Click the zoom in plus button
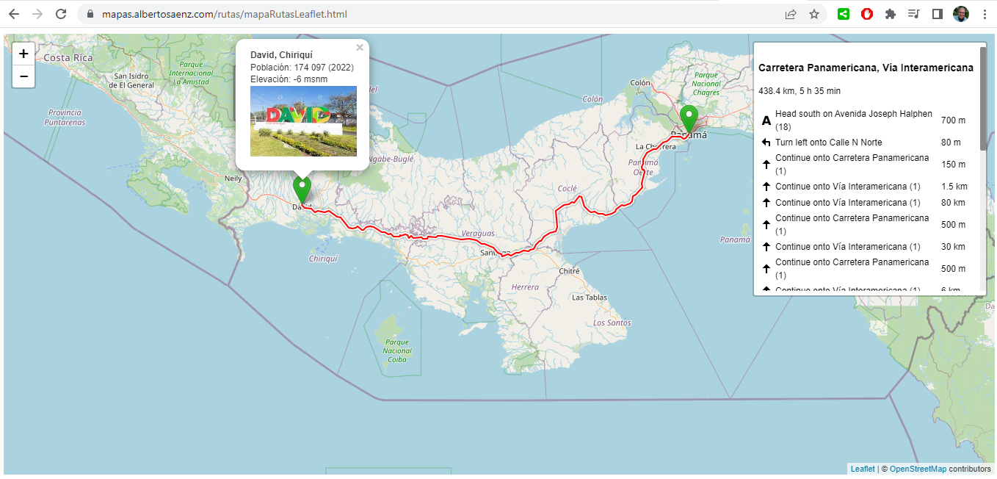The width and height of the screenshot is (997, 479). (x=23, y=54)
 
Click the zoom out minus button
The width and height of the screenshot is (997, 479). (x=23, y=76)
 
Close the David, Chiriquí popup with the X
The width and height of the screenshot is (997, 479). (x=360, y=48)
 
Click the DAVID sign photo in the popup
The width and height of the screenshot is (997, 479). (x=303, y=121)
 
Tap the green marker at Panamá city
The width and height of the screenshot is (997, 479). (x=689, y=118)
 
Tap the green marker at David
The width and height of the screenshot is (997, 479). (x=302, y=190)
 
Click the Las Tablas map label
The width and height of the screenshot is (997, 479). (x=588, y=298)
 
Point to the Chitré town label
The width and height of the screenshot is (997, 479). (x=569, y=271)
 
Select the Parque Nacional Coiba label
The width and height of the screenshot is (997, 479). (x=397, y=350)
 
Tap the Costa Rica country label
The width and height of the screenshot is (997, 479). (x=68, y=57)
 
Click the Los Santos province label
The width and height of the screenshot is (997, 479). (x=612, y=323)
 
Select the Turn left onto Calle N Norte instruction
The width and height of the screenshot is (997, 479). (x=828, y=143)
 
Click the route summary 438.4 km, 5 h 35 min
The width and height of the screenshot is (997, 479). (x=800, y=91)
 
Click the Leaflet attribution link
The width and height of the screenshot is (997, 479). (x=863, y=469)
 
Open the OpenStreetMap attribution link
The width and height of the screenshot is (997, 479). (x=918, y=469)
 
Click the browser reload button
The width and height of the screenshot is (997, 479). (x=61, y=14)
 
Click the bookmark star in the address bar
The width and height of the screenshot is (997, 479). (x=814, y=14)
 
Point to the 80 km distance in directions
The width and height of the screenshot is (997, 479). (x=953, y=203)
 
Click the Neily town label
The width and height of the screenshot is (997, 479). (x=233, y=179)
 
